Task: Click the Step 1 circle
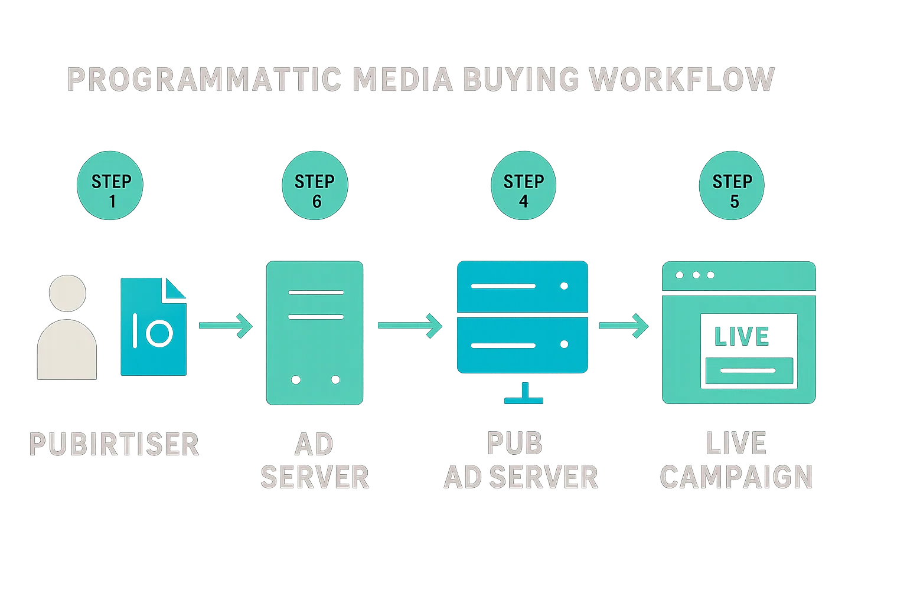pos(110,186)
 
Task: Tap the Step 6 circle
pos(315,186)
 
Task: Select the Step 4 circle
pos(523,186)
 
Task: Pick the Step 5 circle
pos(732,186)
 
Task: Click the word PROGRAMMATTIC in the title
pos(204,80)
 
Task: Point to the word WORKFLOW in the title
pos(682,80)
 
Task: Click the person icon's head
pos(67,293)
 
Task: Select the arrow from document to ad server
pos(226,326)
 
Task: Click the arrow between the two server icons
pos(410,326)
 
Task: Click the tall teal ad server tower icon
pos(314,333)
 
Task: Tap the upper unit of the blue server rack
pos(523,287)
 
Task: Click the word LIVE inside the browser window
pos(741,336)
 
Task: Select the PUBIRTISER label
pos(113,445)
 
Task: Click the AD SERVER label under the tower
pos(314,461)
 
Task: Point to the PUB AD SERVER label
pos(521,461)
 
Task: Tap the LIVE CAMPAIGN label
pos(736,461)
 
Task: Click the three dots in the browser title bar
pos(695,275)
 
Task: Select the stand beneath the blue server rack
pos(524,393)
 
